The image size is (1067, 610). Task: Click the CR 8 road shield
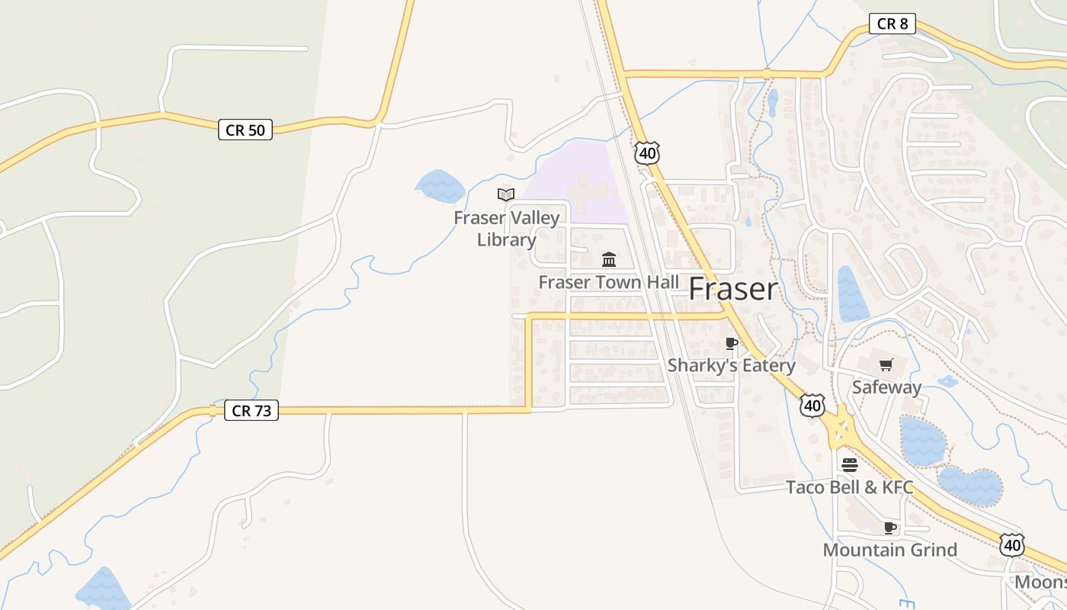pos(892,24)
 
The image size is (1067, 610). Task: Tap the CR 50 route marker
pos(245,130)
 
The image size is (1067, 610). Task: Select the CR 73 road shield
pos(252,410)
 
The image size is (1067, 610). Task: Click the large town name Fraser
pos(733,290)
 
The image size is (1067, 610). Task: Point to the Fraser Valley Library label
pos(507,229)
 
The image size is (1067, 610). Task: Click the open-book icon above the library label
pos(506,194)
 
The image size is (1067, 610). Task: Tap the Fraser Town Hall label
pos(608,282)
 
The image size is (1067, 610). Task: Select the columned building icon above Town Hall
pos(609,259)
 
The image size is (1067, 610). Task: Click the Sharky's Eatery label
pos(731,365)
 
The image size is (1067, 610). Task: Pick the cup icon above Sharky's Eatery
pos(732,344)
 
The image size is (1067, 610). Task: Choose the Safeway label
pos(886,387)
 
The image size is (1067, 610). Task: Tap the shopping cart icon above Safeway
pos(886,365)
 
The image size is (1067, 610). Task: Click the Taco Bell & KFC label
pos(849,487)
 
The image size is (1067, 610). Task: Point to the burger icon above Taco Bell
pos(849,464)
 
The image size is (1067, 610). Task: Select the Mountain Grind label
pos(889,550)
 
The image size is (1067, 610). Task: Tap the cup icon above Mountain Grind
pos(889,528)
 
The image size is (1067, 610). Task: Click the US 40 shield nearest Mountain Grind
pos(1012,544)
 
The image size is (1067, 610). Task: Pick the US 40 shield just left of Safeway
pos(812,406)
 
